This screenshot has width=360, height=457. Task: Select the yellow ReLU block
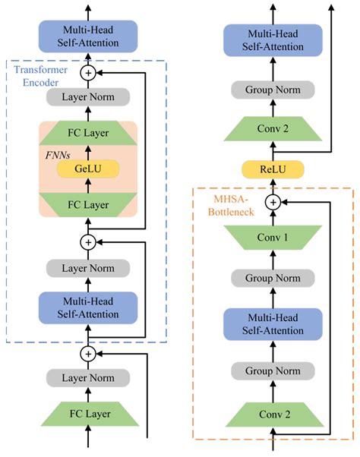point(272,169)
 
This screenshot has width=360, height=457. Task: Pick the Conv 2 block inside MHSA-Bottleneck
point(272,414)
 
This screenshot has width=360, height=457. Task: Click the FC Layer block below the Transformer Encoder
point(88,414)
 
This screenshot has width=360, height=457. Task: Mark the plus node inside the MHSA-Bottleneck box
point(272,203)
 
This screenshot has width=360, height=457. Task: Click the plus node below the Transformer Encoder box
point(88,353)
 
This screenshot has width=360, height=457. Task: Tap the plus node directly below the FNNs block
point(88,241)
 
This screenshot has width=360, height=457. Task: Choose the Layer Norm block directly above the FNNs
point(88,97)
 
